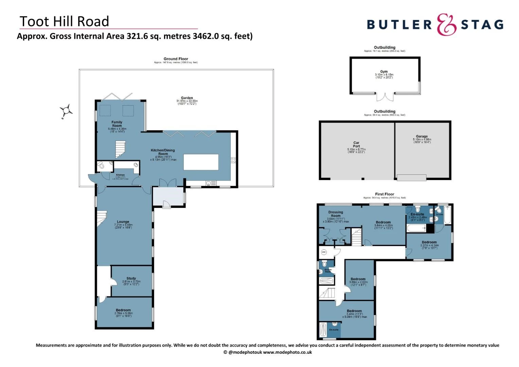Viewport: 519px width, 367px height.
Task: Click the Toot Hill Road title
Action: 64,21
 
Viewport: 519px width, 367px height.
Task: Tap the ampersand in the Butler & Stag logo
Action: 446,24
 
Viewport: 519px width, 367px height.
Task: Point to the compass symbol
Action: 66,110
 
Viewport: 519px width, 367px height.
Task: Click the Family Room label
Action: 117,124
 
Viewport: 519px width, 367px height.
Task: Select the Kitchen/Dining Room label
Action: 163,152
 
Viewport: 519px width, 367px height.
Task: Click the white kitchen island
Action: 201,162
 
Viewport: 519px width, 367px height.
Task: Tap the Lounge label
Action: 123,222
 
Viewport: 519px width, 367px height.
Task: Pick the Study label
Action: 131,278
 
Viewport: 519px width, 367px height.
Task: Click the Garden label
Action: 187,98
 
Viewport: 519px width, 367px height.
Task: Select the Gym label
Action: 384,72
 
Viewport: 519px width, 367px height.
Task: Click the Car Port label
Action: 356,144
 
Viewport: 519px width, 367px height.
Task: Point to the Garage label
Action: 422,136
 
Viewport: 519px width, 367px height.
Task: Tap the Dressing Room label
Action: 336,214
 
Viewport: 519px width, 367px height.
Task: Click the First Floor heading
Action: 384,194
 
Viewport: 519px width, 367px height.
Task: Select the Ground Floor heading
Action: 176,59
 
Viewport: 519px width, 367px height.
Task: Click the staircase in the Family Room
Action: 120,150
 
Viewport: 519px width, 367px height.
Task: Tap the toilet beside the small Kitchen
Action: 101,166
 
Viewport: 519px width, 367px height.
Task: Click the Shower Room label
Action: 328,270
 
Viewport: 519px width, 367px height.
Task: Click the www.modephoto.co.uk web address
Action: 287,352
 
